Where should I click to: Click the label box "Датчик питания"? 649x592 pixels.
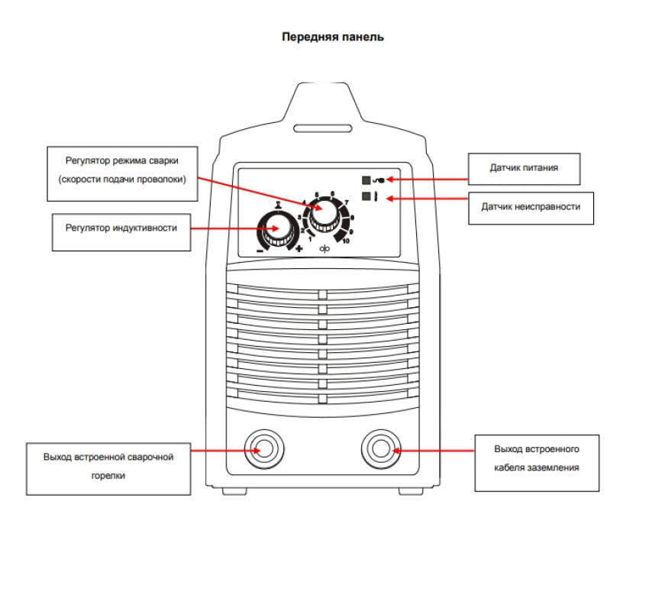523,167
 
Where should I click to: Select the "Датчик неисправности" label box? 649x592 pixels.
531,207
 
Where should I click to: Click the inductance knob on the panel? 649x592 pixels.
276,229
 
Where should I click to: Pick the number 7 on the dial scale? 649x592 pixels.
347,202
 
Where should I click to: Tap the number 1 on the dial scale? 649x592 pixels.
310,239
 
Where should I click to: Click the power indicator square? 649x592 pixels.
366,180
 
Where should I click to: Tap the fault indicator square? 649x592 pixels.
366,197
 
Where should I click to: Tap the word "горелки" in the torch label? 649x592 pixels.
108,475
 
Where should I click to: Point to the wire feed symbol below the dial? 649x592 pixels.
323,251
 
